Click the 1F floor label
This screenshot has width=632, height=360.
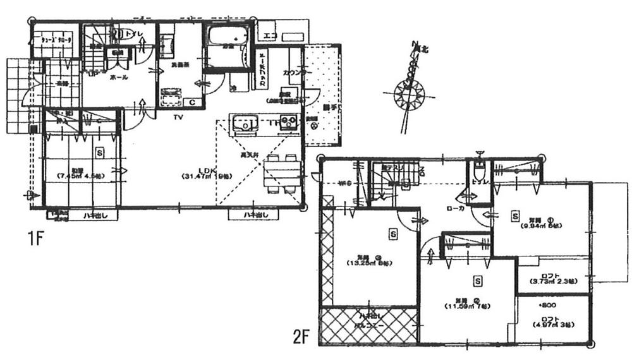35,239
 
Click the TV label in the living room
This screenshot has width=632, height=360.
179,117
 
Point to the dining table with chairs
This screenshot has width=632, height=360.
282,172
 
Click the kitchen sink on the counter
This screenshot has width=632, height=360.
243,123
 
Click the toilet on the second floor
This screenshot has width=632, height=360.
480,171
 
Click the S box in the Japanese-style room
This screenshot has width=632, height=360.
100,152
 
